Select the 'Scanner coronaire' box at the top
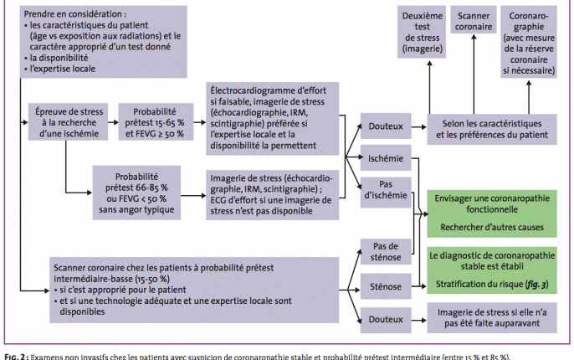pyautogui.click(x=474, y=26)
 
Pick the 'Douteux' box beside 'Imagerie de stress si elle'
pyautogui.click(x=382, y=319)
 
